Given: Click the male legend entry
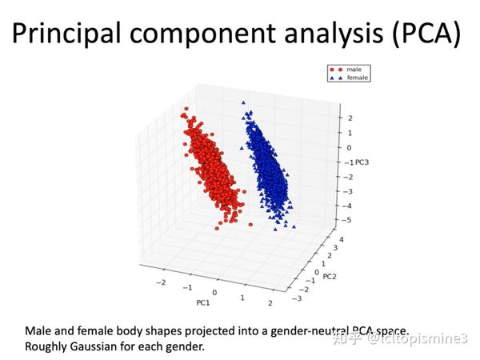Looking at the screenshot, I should point(353,70).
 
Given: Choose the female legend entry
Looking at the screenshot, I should point(355,77).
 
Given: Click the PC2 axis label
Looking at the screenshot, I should point(329,277).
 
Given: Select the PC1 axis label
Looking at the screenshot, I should point(203,303).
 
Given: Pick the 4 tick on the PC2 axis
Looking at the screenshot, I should point(340,239).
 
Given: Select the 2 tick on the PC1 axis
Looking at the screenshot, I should point(270,302).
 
